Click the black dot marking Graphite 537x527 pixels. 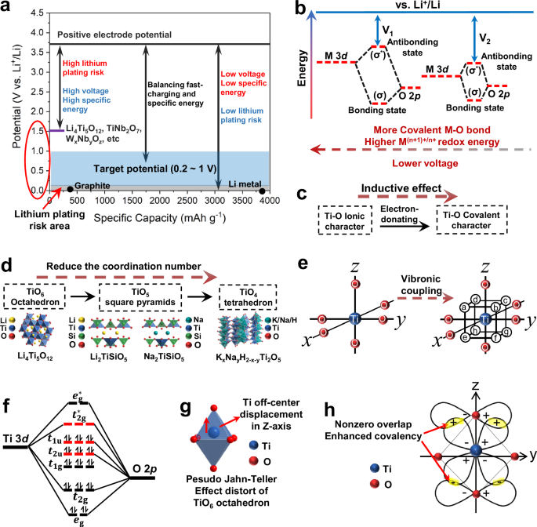(x=71, y=188)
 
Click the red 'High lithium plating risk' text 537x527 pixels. (x=87, y=68)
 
